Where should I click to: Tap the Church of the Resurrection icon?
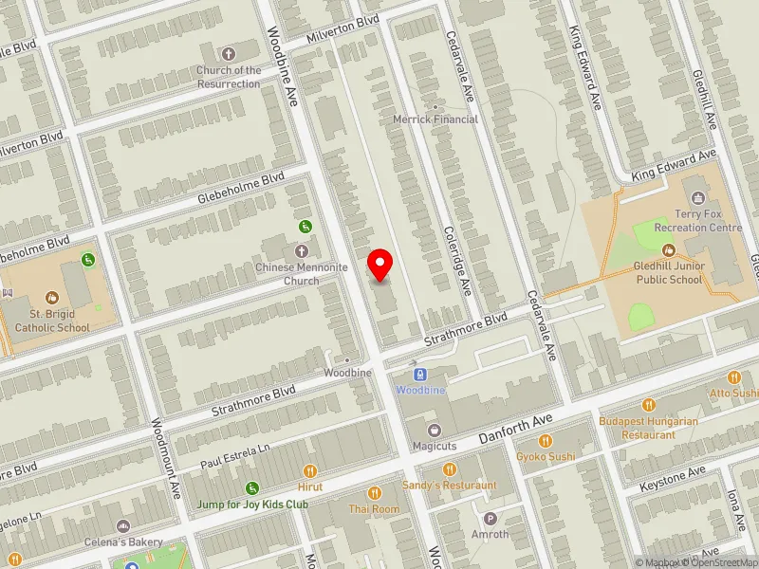(229, 54)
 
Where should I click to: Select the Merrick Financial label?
(435, 119)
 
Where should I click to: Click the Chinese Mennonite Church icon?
(302, 251)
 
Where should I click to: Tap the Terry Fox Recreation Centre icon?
(699, 197)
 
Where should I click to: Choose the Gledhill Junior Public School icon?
(669, 250)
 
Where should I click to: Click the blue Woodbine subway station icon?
(420, 375)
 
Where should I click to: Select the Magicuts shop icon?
(435, 430)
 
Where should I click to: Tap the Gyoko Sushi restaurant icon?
(546, 441)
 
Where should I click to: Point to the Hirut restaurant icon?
(309, 470)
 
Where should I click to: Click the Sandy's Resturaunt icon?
(450, 469)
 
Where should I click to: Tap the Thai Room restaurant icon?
(375, 493)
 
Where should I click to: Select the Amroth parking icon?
(491, 518)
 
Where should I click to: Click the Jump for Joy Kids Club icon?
(252, 488)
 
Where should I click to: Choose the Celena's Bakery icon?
(122, 526)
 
